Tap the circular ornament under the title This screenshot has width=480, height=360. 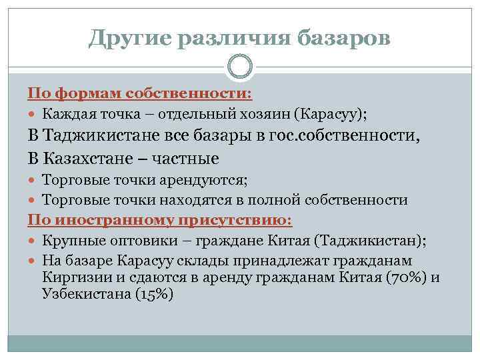click(239, 67)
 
